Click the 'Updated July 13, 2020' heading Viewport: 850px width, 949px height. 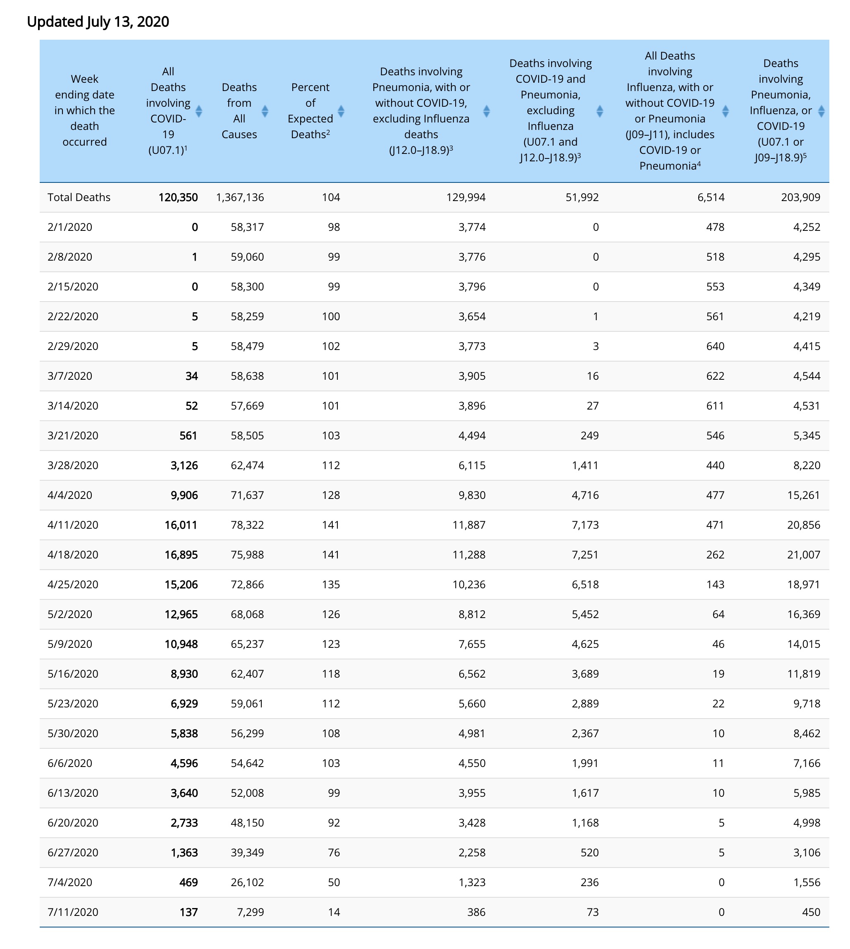(x=98, y=22)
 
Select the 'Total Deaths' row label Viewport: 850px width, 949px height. (x=79, y=197)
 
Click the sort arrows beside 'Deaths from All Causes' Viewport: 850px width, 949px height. (x=265, y=111)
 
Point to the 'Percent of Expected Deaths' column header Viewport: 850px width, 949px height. (x=310, y=111)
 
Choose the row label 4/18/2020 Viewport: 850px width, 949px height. (x=73, y=555)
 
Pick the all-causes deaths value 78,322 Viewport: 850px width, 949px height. (x=247, y=525)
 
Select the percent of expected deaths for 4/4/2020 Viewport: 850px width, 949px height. (x=331, y=495)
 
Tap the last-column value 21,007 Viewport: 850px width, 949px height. (x=803, y=555)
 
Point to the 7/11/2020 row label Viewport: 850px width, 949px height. (x=73, y=912)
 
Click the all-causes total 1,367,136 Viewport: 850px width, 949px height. (x=240, y=197)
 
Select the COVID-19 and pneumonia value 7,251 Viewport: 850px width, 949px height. (x=585, y=555)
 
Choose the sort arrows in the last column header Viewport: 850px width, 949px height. (x=821, y=111)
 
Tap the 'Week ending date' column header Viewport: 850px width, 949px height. (x=84, y=110)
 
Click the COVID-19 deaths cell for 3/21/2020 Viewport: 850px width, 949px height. (x=188, y=436)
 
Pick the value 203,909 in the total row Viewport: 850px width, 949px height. (x=800, y=197)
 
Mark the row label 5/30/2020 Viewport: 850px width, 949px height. (x=73, y=733)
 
